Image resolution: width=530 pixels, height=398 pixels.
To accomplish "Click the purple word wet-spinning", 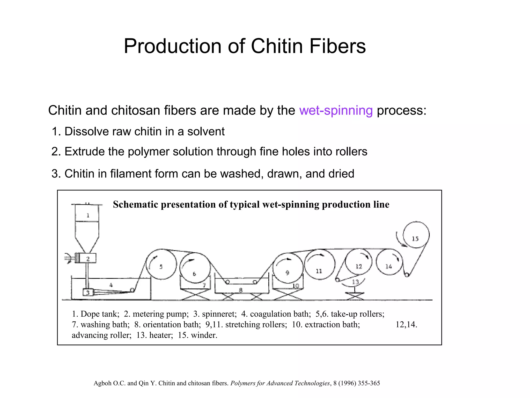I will (336, 110).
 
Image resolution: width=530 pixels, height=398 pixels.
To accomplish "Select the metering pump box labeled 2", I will (88, 258).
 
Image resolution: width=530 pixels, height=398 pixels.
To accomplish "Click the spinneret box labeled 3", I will (88, 293).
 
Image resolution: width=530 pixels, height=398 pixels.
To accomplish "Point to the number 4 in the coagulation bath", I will (111, 285).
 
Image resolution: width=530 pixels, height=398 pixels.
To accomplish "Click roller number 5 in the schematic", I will (161, 264).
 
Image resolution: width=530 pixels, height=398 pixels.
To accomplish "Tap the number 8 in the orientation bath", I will (241, 290).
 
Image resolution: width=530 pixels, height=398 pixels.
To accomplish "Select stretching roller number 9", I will (287, 269).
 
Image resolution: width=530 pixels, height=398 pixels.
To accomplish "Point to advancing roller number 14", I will (389, 262).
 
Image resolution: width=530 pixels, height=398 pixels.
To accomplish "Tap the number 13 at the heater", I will (356, 282).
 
